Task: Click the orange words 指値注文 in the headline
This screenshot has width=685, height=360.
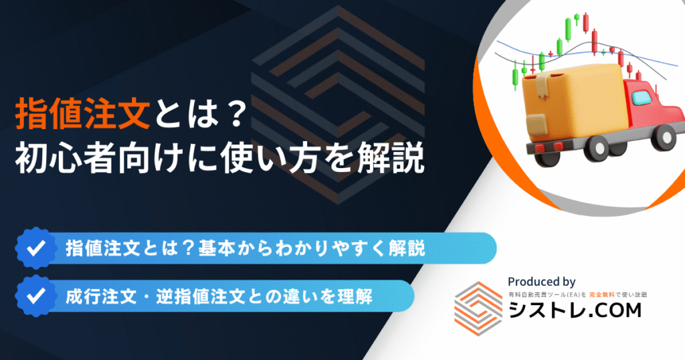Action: (82, 114)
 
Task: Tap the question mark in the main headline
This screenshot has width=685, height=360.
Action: (237, 115)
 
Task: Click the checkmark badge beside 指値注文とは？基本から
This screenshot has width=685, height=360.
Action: (36, 248)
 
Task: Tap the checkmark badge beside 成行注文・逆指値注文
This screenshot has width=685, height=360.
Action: (36, 296)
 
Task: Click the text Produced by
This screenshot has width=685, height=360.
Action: (541, 282)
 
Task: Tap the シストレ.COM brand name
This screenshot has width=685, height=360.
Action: (575, 310)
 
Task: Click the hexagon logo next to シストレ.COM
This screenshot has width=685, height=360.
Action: (478, 308)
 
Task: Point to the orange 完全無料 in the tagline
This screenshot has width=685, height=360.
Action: (601, 295)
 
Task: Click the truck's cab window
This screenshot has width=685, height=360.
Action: (641, 97)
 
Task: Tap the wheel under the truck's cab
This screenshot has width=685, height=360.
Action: (664, 137)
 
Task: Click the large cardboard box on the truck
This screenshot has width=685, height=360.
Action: (576, 102)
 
